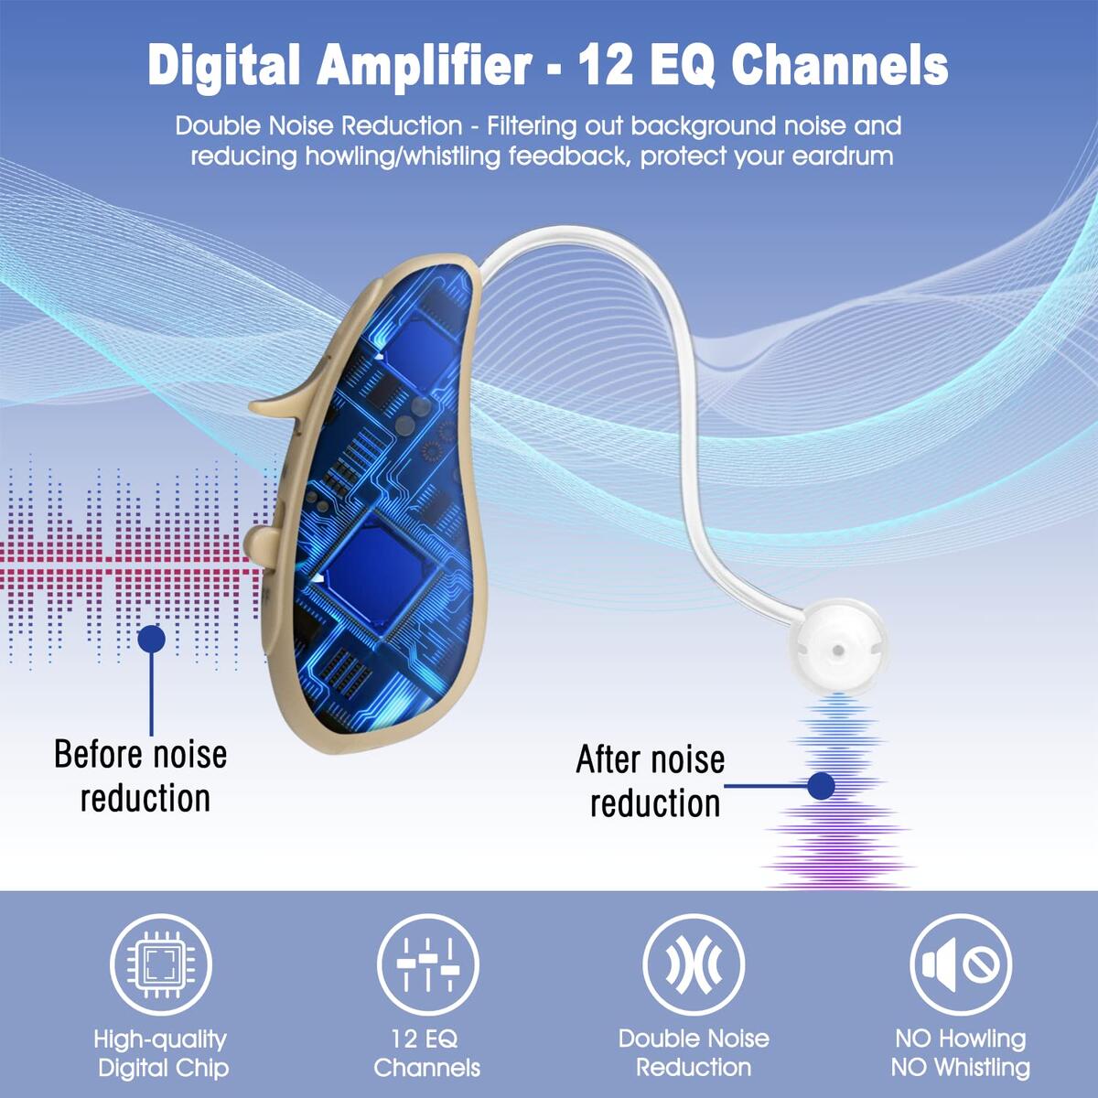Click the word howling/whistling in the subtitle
point(403,156)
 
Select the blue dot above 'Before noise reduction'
point(152,638)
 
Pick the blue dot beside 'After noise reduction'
point(821,786)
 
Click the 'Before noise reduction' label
point(141,776)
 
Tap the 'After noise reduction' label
point(651,781)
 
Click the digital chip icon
point(161,964)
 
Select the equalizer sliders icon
point(428,964)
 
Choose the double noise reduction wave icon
point(694,964)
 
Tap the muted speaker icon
point(961,964)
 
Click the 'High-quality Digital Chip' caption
point(162,1053)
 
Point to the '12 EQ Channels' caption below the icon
point(427,1053)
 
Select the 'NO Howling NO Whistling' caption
point(961,1053)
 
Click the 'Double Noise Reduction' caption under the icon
point(694,1052)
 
